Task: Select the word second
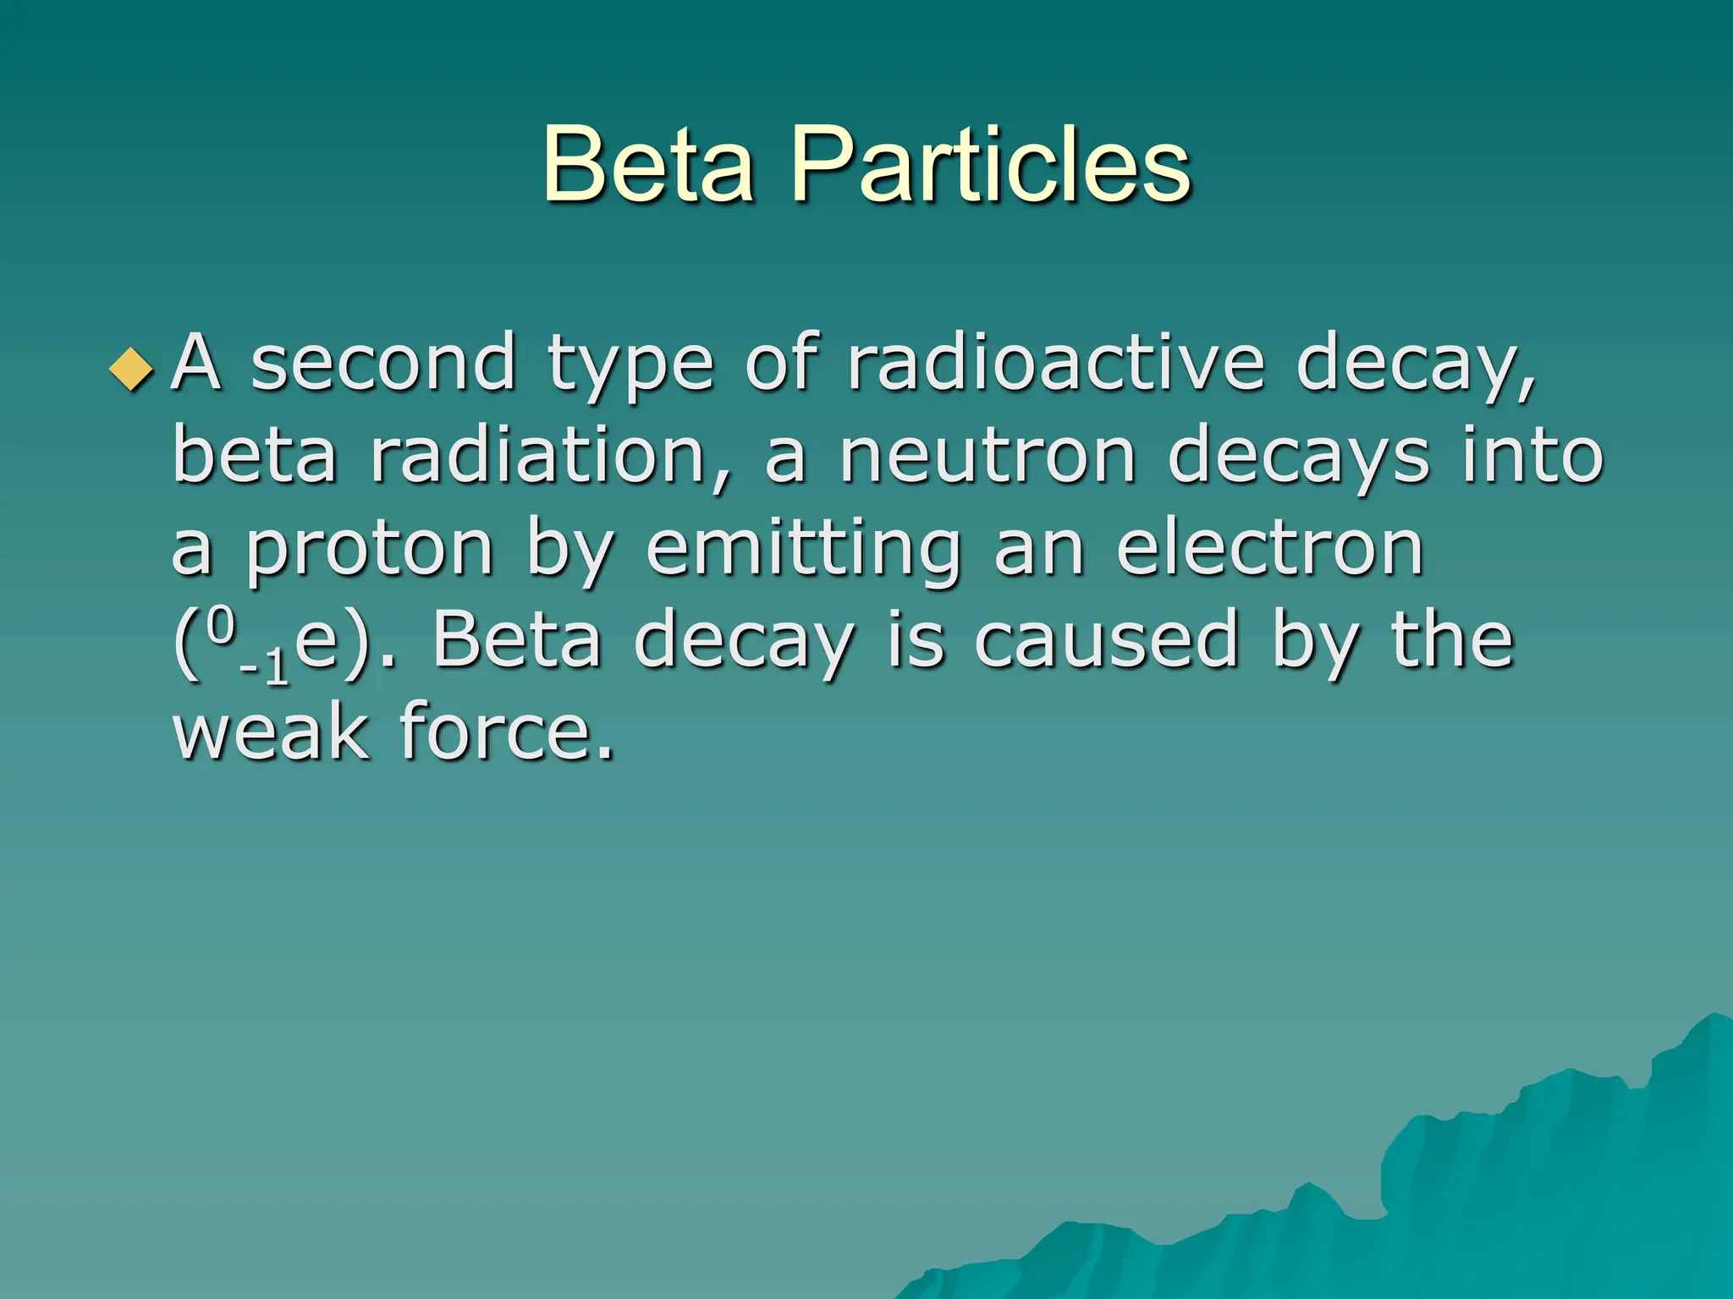coord(383,364)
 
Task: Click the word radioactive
coord(1055,364)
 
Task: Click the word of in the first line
coord(782,364)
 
